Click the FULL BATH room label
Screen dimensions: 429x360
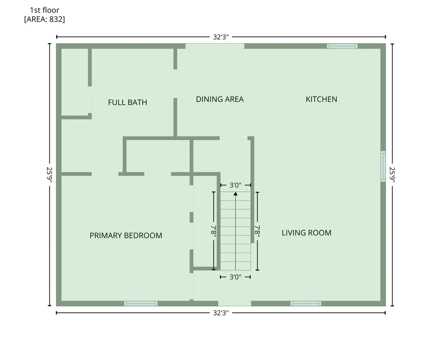pyautogui.click(x=127, y=102)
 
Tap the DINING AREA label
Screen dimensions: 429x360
pyautogui.click(x=220, y=99)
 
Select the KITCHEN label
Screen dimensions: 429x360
pyautogui.click(x=321, y=99)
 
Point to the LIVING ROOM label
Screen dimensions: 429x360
pyautogui.click(x=306, y=233)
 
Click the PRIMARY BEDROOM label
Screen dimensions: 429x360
pyautogui.click(x=126, y=236)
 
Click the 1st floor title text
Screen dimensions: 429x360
pyautogui.click(x=45, y=10)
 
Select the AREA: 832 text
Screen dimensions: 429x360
pyautogui.click(x=45, y=19)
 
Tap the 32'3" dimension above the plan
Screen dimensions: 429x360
pyautogui.click(x=221, y=37)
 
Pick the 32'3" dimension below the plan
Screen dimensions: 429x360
pyautogui.click(x=221, y=313)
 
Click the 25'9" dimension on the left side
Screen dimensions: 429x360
pyautogui.click(x=49, y=174)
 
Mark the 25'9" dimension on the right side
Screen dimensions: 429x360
pyautogui.click(x=393, y=174)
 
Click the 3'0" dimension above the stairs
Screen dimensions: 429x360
pyautogui.click(x=235, y=185)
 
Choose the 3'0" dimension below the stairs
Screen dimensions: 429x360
pyautogui.click(x=235, y=277)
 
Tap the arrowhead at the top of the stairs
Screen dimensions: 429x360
pyautogui.click(x=236, y=194)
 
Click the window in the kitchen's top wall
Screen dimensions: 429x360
pyautogui.click(x=342, y=46)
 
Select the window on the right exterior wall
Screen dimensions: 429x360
pyautogui.click(x=383, y=166)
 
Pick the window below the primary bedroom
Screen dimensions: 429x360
pyautogui.click(x=141, y=303)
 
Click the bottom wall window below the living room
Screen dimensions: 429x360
pyautogui.click(x=306, y=303)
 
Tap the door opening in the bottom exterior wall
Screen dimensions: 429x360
pyautogui.click(x=235, y=303)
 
